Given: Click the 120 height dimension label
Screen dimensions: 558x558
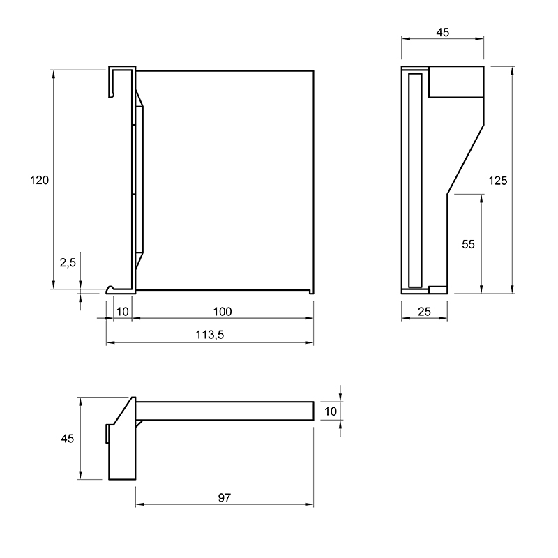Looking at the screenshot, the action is [x=39, y=181].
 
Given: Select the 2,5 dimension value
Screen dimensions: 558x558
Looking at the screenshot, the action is [x=68, y=263].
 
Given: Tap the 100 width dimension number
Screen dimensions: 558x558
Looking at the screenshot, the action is [x=223, y=312].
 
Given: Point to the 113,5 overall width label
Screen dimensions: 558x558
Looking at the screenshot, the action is [x=210, y=335].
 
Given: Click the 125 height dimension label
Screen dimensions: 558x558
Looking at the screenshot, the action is [x=497, y=181].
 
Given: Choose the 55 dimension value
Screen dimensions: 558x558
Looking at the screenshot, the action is [x=468, y=244].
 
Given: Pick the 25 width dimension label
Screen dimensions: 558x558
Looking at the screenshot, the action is [x=424, y=312].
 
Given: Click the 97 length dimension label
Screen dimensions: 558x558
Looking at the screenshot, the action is [x=224, y=498].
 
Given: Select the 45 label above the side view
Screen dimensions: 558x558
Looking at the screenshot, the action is [x=443, y=32].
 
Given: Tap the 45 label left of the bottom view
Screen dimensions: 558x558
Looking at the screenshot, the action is [x=67, y=439].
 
